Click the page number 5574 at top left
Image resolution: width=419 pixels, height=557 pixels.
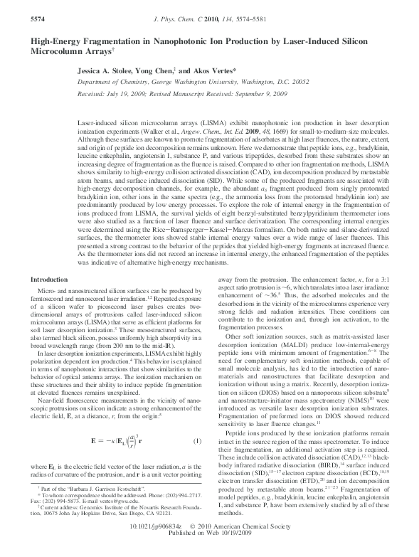point(20,7)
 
